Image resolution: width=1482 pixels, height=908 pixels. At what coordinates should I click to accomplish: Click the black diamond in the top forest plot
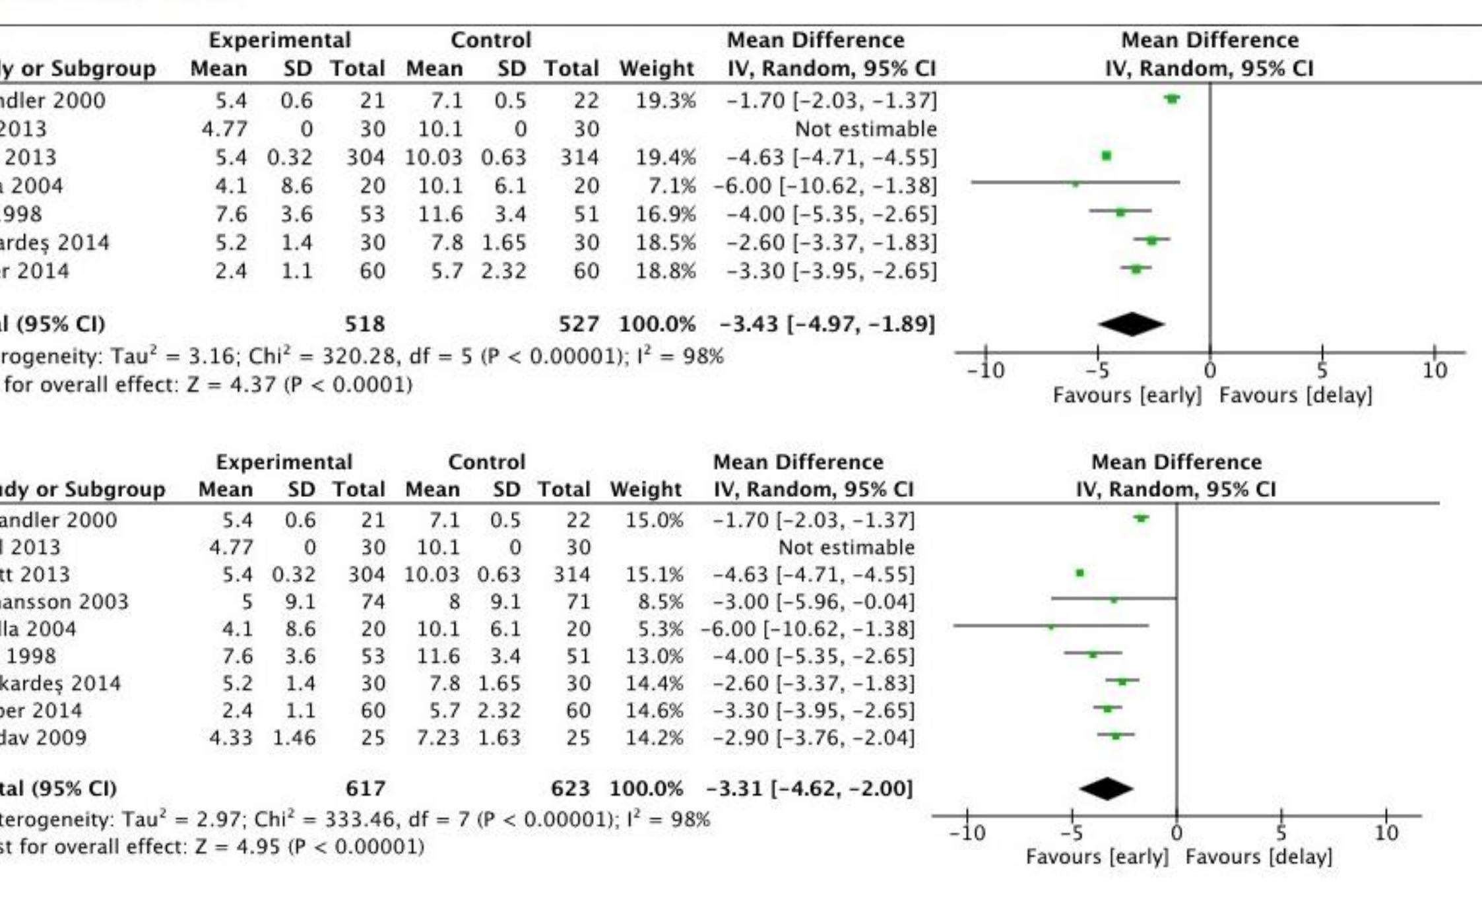pyautogui.click(x=1131, y=324)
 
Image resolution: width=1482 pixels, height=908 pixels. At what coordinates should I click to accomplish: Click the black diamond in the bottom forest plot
pyautogui.click(x=1107, y=789)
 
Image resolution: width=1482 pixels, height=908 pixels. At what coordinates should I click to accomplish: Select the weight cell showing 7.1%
pyautogui.click(x=671, y=186)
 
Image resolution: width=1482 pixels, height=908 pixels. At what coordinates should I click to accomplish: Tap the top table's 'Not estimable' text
pyautogui.click(x=865, y=129)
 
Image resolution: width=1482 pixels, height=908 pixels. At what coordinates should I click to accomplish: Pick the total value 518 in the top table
pyautogui.click(x=364, y=324)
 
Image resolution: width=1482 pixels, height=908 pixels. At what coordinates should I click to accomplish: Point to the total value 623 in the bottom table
pyautogui.click(x=570, y=789)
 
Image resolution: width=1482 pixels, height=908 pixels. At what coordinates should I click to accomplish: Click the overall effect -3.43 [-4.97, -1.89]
pyautogui.click(x=827, y=324)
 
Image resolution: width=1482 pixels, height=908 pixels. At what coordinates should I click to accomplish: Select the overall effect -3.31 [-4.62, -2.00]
pyautogui.click(x=809, y=789)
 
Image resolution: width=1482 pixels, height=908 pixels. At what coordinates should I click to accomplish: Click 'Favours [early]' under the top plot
pyautogui.click(x=1126, y=395)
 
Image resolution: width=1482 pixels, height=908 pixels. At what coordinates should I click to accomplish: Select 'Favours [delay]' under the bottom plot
pyautogui.click(x=1258, y=857)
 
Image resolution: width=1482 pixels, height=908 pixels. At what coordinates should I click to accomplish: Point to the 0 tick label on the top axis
pyautogui.click(x=1209, y=371)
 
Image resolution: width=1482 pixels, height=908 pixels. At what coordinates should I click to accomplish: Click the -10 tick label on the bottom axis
pyautogui.click(x=967, y=833)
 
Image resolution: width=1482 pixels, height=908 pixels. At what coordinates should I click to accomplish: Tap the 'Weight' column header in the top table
pyautogui.click(x=656, y=69)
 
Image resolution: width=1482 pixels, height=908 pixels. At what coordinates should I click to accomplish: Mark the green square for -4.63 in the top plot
pyautogui.click(x=1107, y=156)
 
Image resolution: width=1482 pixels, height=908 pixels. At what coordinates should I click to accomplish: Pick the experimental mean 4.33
pyautogui.click(x=230, y=737)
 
